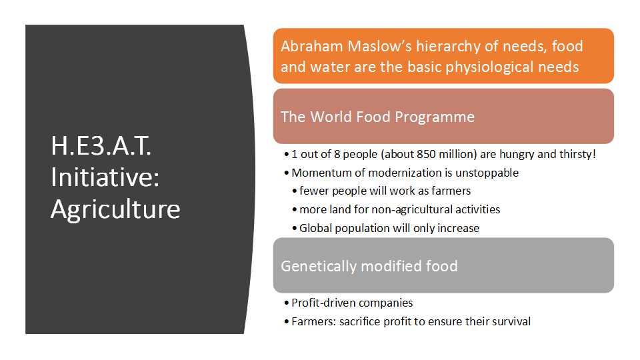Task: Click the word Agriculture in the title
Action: tap(115, 211)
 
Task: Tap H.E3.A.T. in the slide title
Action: tap(101, 146)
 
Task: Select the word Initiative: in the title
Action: tap(105, 177)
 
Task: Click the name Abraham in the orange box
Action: tap(311, 46)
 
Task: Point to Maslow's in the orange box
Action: tap(379, 46)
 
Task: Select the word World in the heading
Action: tap(331, 117)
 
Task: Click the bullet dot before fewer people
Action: tap(294, 191)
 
